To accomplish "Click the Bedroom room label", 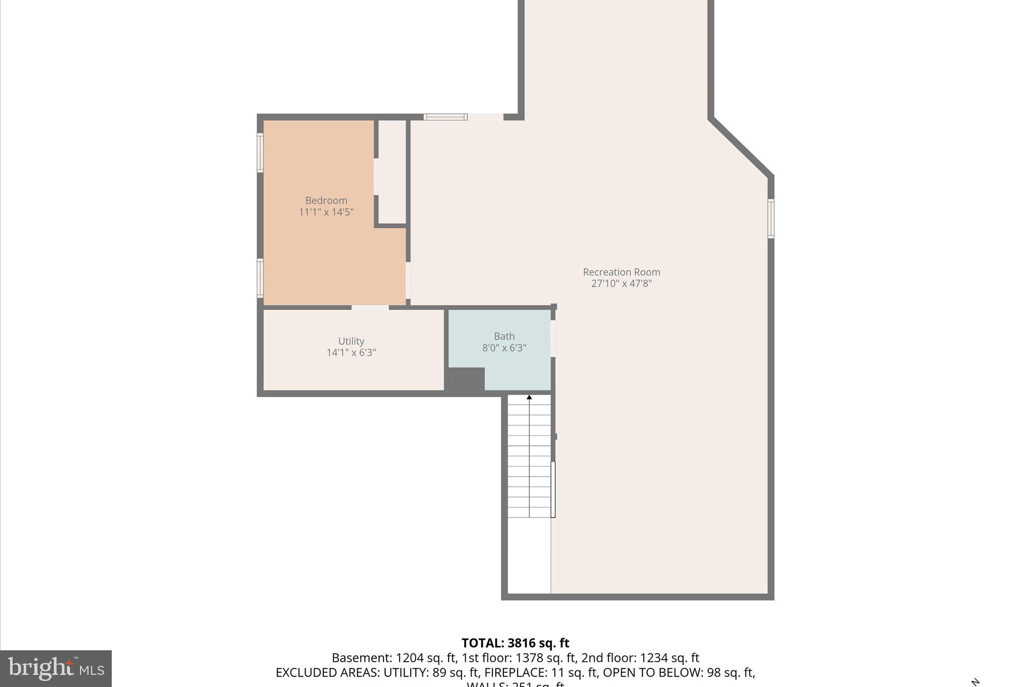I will [x=326, y=200].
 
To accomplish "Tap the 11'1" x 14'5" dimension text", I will [x=326, y=212].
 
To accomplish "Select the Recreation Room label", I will [x=621, y=272].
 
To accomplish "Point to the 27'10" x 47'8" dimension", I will [x=621, y=283].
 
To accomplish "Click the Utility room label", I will [x=351, y=341].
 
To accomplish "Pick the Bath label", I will [x=504, y=336].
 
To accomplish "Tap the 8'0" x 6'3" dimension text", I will [x=504, y=348].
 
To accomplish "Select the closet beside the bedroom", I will [x=392, y=171].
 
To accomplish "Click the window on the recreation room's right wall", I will [x=771, y=218].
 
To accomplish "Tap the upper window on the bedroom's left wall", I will [x=260, y=152].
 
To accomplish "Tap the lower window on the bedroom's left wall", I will [x=260, y=277].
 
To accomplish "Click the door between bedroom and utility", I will [x=370, y=307].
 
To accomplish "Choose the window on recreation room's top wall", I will [x=446, y=117].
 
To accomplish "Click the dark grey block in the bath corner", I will [x=466, y=380].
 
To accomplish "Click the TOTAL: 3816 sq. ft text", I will [x=515, y=643].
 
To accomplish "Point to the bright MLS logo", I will [x=56, y=668].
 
